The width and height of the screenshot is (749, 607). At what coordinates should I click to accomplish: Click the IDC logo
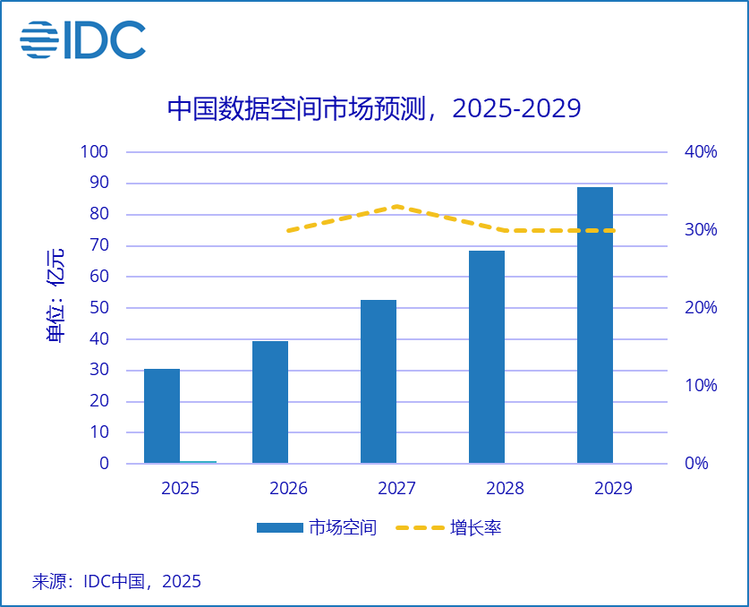tap(82, 40)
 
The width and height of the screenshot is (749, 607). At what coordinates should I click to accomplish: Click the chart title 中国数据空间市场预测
tap(374, 108)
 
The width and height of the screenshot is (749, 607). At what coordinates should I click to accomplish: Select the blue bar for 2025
tap(162, 416)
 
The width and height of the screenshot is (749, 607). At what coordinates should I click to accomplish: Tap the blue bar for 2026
tap(270, 402)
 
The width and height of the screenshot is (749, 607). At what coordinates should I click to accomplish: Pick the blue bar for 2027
tap(379, 381)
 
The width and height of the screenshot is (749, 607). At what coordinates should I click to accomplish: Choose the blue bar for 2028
tap(487, 357)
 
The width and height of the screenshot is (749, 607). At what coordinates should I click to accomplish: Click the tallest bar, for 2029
tap(595, 325)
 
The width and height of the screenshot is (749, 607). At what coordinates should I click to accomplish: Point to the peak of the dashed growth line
tap(396, 207)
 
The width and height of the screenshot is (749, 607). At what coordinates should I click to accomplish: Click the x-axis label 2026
tap(288, 488)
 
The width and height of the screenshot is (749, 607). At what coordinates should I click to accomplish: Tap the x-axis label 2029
tap(613, 488)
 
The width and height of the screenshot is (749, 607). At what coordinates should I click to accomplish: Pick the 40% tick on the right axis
tap(700, 152)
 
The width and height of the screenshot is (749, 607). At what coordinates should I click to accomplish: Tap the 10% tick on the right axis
tap(700, 386)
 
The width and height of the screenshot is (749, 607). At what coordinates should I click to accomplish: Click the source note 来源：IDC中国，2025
tap(116, 581)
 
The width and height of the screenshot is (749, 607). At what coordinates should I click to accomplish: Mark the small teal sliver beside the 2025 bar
tap(199, 462)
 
